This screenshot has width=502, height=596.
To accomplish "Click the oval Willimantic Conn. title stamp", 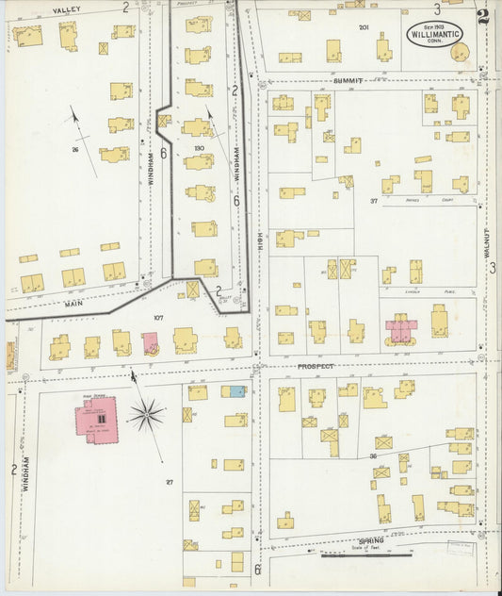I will pyautogui.click(x=435, y=35).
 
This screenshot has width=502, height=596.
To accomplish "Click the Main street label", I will pyautogui.click(x=74, y=304).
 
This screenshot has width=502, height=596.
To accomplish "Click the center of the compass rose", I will pyautogui.click(x=146, y=413).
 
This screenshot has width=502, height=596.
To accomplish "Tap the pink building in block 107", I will pyautogui.click(x=150, y=343).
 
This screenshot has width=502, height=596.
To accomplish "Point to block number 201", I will pyautogui.click(x=364, y=27).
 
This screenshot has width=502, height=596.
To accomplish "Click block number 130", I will pyautogui.click(x=199, y=149).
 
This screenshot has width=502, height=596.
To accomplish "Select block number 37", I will pyautogui.click(x=374, y=201).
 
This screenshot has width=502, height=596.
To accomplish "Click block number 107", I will pyautogui.click(x=158, y=318).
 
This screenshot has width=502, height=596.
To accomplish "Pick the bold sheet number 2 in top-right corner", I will pyautogui.click(x=483, y=16).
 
